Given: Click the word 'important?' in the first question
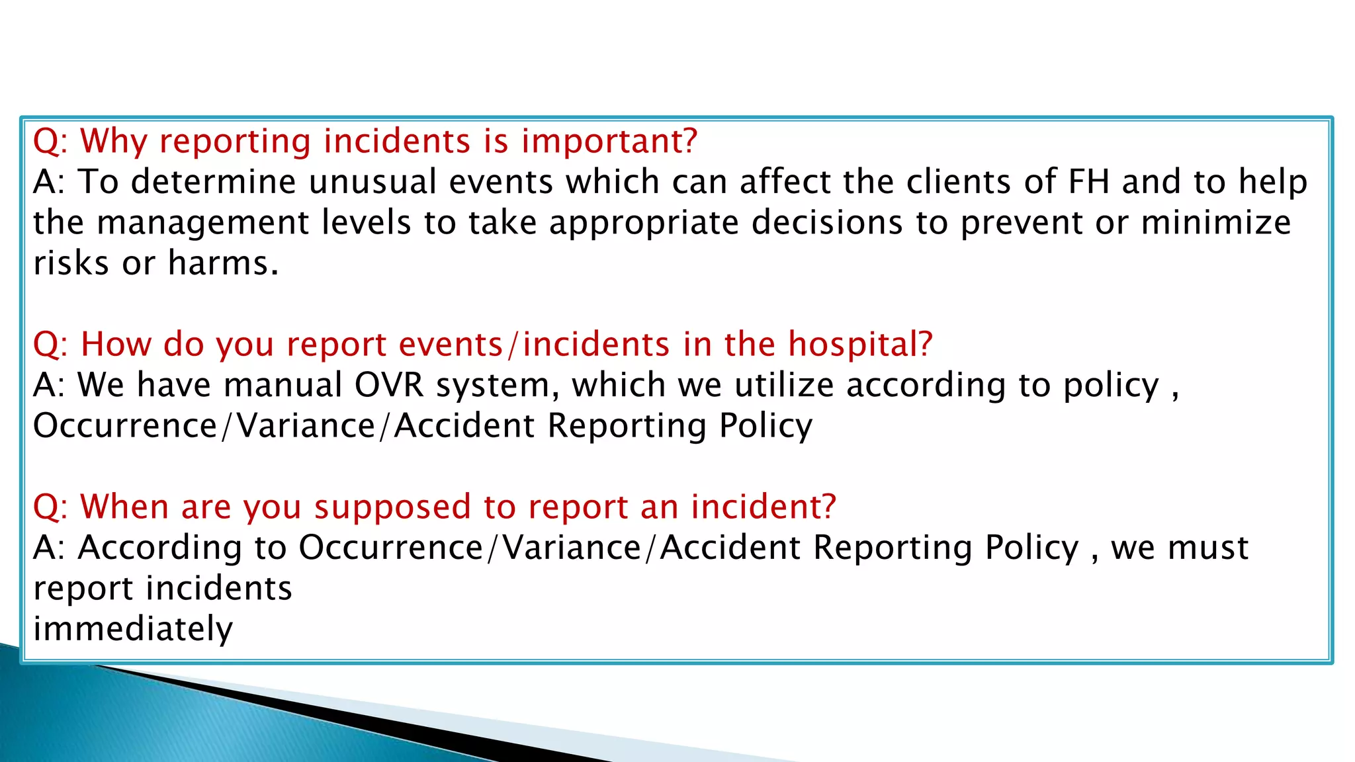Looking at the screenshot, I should [609, 142].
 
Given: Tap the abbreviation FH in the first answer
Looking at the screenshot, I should [1088, 182].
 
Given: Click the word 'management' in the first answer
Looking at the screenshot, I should [202, 223].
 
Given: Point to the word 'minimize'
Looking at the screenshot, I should [1215, 223].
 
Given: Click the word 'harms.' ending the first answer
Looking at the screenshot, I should [223, 263].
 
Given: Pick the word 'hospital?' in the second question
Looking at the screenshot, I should [860, 345].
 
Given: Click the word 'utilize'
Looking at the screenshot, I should [784, 385].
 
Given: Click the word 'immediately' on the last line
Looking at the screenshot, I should [133, 629].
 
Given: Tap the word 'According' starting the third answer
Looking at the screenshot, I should [160, 548].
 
